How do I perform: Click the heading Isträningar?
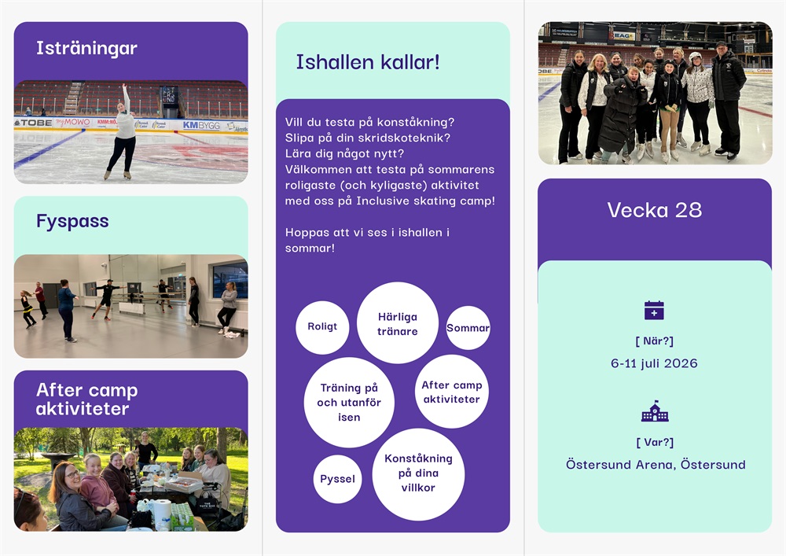point(86,48)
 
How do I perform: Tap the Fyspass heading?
point(72,221)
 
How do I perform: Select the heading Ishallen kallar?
point(368,62)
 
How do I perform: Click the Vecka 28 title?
point(654,210)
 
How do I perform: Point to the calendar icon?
point(654,310)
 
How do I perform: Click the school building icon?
point(655,411)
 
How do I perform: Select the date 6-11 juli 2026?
point(654,363)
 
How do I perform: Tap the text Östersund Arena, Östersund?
point(656,464)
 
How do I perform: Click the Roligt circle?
point(322,327)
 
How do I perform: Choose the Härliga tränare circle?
point(398,323)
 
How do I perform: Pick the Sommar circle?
point(468,328)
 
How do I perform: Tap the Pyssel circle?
point(337,479)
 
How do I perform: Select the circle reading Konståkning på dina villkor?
point(419,474)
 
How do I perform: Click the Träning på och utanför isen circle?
point(350,403)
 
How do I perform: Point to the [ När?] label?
point(654,341)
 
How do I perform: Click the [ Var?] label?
point(655,442)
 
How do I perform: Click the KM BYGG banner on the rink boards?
point(201,125)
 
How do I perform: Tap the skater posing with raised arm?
point(123,132)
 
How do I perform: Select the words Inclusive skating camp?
point(425,201)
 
